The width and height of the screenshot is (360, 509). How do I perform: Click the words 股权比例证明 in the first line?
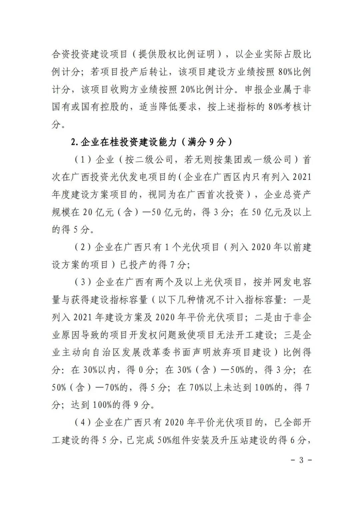point(177,54)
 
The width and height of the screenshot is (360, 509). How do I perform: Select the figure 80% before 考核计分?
point(275,107)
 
